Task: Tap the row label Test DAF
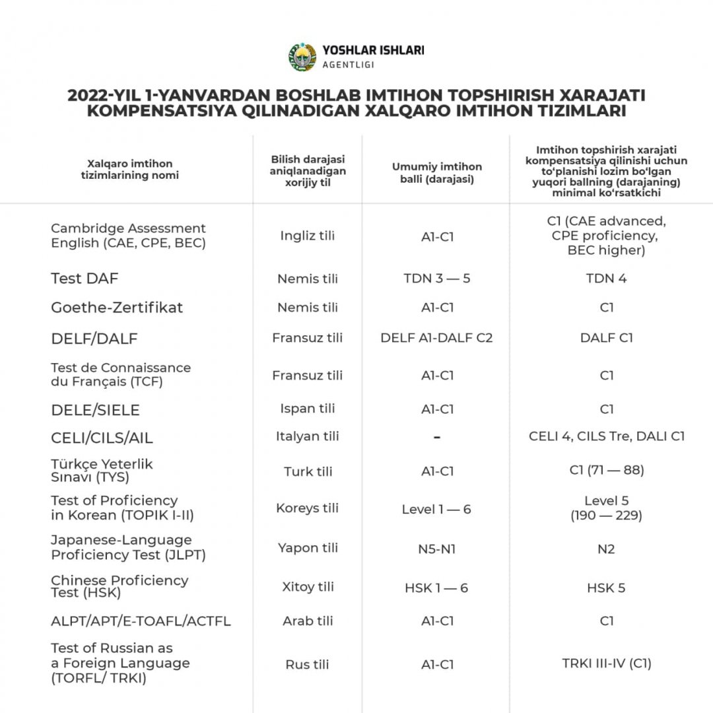pyautogui.click(x=85, y=279)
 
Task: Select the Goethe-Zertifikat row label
pyautogui.click(x=117, y=308)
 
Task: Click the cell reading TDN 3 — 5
pyautogui.click(x=436, y=279)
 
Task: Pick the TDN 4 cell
pyautogui.click(x=606, y=279)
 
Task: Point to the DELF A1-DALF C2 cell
pyautogui.click(x=436, y=338)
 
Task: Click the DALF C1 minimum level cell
pyautogui.click(x=606, y=338)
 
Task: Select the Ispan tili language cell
pyautogui.click(x=307, y=409)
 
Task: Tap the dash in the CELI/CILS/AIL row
pyautogui.click(x=436, y=437)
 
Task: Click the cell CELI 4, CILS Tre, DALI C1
pyautogui.click(x=606, y=436)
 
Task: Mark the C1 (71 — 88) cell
pyautogui.click(x=606, y=470)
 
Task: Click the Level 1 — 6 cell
pyautogui.click(x=436, y=510)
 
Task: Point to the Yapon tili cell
pyautogui.click(x=307, y=548)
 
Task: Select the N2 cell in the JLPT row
pyautogui.click(x=606, y=549)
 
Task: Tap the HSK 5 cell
pyautogui.click(x=606, y=588)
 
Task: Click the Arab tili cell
pyautogui.click(x=307, y=621)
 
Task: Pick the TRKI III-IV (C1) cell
pyautogui.click(x=606, y=663)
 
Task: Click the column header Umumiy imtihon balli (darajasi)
pyautogui.click(x=436, y=172)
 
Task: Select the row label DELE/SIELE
pyautogui.click(x=95, y=410)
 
